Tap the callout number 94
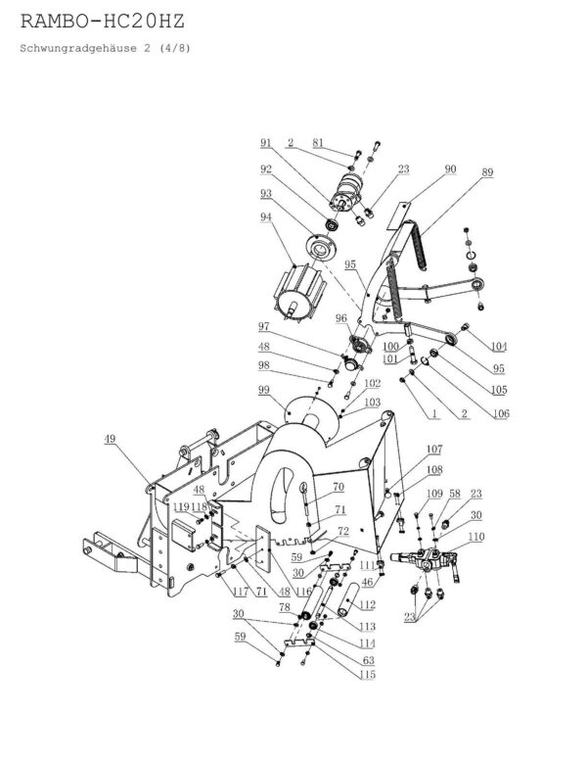point(265,217)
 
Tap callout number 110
point(475,538)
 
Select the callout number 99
point(263,390)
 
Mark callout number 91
point(265,143)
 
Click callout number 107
point(434,450)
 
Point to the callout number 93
point(265,193)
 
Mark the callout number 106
point(502,414)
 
